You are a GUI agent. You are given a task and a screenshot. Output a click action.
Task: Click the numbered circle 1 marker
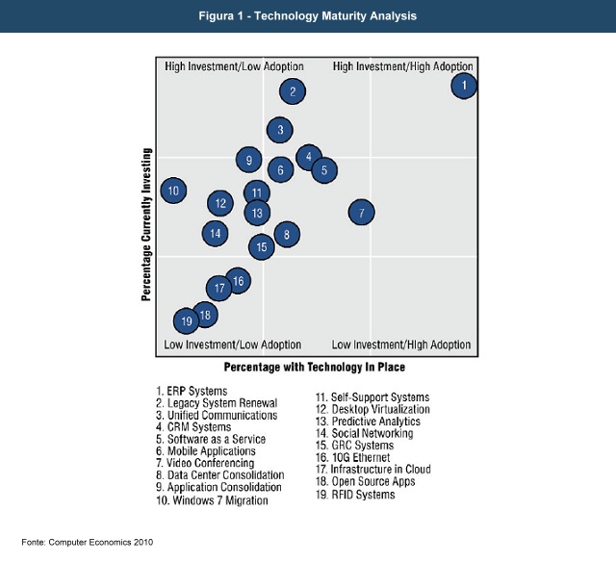coord(464,86)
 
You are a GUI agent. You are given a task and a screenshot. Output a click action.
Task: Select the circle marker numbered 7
coord(361,213)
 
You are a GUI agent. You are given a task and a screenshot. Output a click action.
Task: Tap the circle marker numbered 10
coord(173,191)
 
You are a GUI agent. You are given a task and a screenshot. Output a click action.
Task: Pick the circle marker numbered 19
coord(186,320)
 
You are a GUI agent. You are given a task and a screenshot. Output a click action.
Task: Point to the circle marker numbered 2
coord(293,91)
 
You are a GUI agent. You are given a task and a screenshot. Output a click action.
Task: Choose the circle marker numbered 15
coord(261,247)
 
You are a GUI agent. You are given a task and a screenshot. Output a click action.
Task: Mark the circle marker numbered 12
coord(220,203)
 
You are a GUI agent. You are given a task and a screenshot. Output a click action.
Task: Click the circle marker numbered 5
coord(324,170)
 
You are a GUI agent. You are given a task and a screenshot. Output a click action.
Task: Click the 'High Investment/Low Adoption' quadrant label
coord(234,67)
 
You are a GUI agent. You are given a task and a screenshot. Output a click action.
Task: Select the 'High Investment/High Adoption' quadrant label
coord(403,67)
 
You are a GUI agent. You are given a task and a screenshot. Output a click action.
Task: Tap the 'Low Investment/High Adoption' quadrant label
coord(401,345)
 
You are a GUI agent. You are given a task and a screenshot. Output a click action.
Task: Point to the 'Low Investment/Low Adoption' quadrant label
coord(232,345)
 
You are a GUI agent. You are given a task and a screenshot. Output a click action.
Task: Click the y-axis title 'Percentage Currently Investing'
coord(146,224)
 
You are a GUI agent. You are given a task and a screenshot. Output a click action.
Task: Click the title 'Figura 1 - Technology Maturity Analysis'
coord(308,15)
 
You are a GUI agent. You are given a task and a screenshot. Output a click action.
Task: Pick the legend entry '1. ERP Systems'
coord(192,391)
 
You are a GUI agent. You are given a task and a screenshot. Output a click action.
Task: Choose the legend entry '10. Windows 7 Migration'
coord(213,500)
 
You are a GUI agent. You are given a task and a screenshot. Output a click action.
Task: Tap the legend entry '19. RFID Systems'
coord(356,495)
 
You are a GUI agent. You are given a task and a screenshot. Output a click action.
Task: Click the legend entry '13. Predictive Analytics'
coord(369,421)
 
